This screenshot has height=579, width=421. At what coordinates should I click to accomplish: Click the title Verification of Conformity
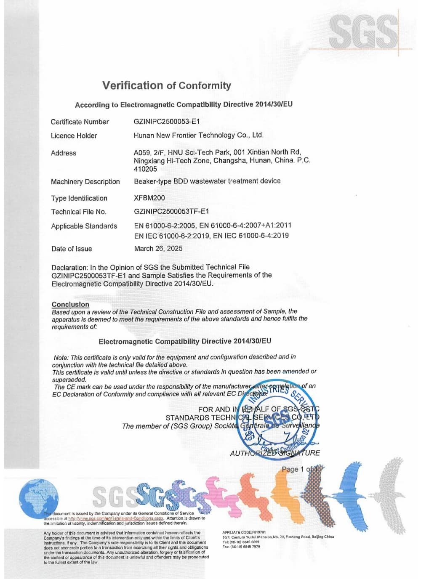[166, 85]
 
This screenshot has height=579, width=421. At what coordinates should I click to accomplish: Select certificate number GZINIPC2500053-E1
[167, 122]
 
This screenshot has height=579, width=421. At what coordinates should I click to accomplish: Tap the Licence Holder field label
[74, 135]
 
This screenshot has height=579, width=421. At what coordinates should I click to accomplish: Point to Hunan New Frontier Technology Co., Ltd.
[198, 135]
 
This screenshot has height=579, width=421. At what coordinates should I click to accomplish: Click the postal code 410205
[145, 169]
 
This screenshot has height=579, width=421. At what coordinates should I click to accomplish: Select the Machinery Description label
[85, 182]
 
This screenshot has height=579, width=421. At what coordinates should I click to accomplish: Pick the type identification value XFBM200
[149, 198]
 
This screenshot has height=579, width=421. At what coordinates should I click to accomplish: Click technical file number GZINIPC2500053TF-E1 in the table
[171, 211]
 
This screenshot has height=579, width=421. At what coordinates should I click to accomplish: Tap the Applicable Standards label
[84, 226]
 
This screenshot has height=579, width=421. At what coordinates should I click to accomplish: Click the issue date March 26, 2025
[158, 248]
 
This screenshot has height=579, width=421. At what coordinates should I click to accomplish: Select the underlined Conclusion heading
[70, 304]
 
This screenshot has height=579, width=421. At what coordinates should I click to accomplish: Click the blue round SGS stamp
[276, 421]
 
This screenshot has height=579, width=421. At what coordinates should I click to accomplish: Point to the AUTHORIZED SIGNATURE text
[275, 453]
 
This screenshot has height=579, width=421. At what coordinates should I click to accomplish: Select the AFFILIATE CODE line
[244, 532]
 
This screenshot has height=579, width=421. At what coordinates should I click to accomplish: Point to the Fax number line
[241, 547]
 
